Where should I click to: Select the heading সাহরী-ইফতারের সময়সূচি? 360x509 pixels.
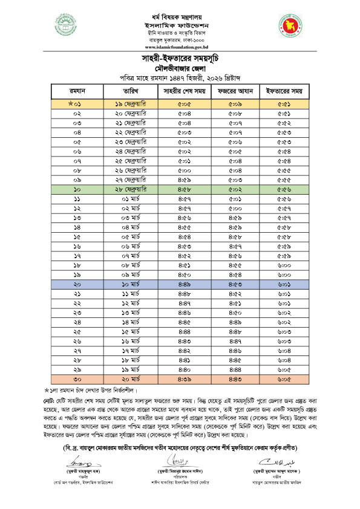pos(180,58)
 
